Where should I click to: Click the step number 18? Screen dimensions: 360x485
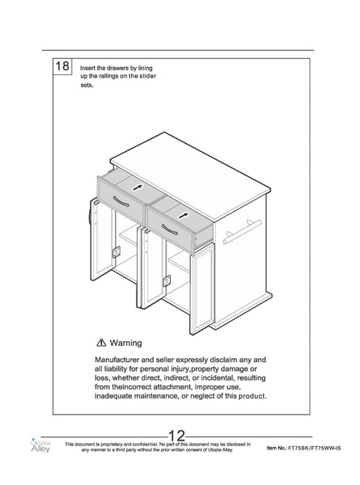tap(62, 66)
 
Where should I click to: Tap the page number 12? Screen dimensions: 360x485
tap(176, 436)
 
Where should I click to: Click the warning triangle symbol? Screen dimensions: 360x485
tap(101, 343)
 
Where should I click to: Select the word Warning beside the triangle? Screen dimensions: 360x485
tap(125, 343)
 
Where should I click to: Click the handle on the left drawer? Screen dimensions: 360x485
tap(121, 201)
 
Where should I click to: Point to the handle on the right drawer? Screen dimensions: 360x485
tap(170, 230)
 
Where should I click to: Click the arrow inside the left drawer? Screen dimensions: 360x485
tap(138, 188)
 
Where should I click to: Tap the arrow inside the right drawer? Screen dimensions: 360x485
tap(184, 215)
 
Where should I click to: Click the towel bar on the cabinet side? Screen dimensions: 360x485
tap(242, 232)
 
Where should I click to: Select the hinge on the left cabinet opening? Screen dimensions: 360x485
tap(116, 251)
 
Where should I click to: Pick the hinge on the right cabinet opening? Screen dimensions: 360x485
tap(167, 280)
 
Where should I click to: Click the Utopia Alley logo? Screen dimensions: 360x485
tap(40, 445)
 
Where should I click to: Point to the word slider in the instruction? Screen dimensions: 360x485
tap(148, 76)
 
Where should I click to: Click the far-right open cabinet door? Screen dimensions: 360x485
tap(202, 289)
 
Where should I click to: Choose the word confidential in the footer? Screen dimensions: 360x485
tap(144, 444)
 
